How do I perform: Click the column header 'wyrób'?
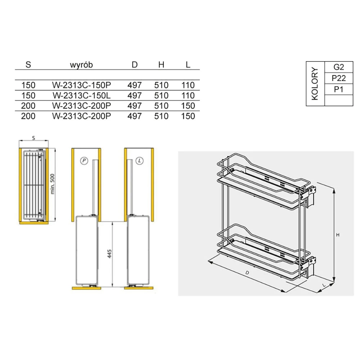click(81, 65)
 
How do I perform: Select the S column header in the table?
click(28, 65)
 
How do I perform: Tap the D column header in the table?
click(135, 65)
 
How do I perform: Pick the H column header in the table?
click(161, 65)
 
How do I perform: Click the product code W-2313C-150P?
click(81, 85)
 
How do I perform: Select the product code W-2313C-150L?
click(81, 95)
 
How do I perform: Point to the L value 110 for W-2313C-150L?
click(188, 95)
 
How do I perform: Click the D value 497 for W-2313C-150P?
click(135, 85)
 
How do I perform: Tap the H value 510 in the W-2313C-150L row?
click(161, 95)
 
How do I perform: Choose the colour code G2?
click(339, 67)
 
